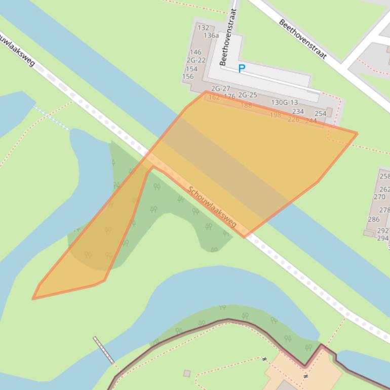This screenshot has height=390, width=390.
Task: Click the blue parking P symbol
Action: coord(242,68)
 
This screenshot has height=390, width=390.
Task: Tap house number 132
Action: coord(203,28)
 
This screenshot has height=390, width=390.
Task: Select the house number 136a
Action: coord(211,35)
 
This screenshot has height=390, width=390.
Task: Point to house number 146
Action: coord(196,52)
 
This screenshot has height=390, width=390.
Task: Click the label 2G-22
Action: coord(196,60)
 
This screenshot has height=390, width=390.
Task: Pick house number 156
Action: coord(188,76)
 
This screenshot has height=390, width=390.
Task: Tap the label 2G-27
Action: coord(221,89)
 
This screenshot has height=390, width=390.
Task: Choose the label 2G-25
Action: coord(248,95)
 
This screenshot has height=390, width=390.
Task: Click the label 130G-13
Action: coord(285,102)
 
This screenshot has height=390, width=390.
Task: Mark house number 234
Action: coord(298,111)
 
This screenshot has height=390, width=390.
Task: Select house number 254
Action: coord(321,114)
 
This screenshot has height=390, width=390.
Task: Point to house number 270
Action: coord(379,197)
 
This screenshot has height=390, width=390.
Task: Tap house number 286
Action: coord(374,219)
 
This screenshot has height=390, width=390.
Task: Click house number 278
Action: coord(384,210)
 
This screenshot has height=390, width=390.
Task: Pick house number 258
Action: coord(384,176)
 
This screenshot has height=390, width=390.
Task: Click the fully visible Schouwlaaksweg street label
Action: coord(212,207)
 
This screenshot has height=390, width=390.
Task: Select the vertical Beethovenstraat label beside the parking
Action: coord(228,37)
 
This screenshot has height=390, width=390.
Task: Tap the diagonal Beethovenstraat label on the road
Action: coord(303,40)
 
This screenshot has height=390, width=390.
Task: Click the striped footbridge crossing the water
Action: coord(103,350)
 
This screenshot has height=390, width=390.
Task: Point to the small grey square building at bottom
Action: coord(187,373)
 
